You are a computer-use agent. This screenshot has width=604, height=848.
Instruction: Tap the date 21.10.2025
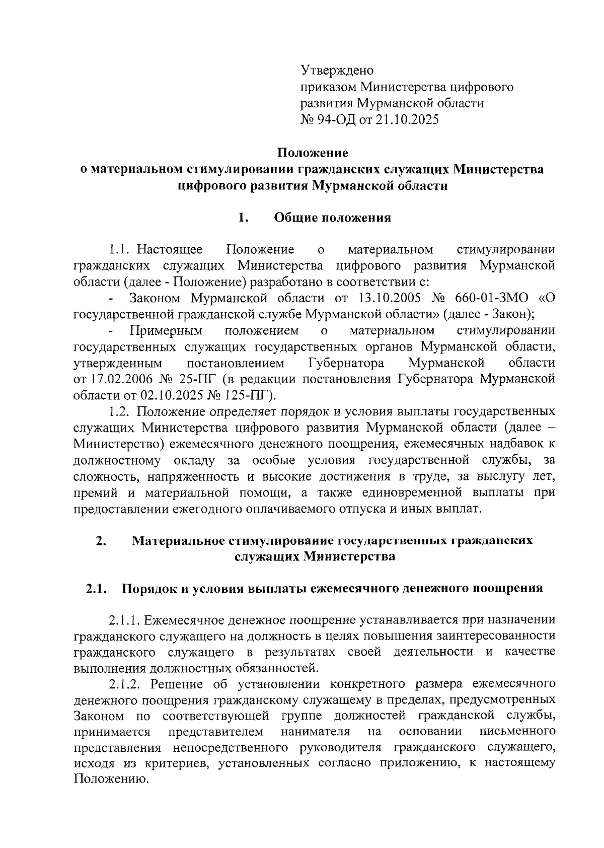[x=405, y=120]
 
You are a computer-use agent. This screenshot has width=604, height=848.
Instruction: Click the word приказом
[x=328, y=87]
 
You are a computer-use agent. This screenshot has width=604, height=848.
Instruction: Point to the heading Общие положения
[x=332, y=218]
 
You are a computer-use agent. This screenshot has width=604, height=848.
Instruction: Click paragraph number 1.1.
[x=120, y=249]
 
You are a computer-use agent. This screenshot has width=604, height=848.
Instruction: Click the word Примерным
[x=166, y=331]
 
